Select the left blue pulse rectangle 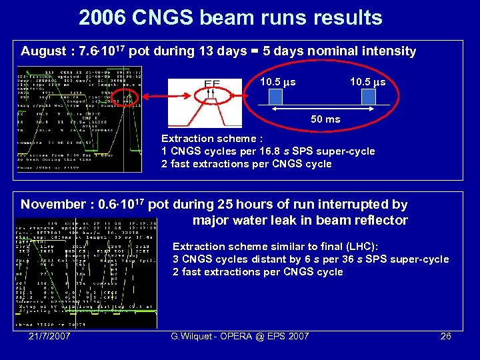(x=277, y=98)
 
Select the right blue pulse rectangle (x=369, y=98)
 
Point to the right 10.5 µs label (x=367, y=83)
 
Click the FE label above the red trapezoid (x=212, y=85)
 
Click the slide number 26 (x=446, y=336)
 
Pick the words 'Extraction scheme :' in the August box (x=208, y=139)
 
